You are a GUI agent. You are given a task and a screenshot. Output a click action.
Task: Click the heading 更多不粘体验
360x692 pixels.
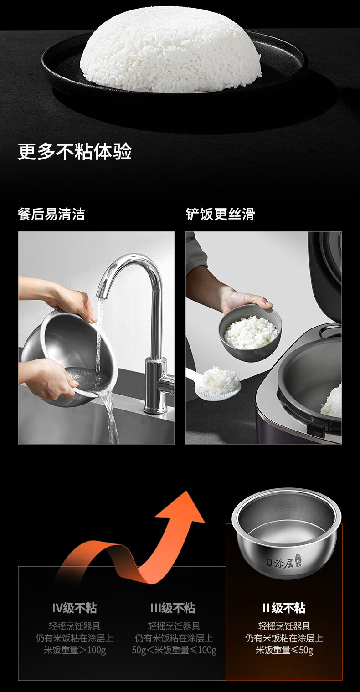point(75,151)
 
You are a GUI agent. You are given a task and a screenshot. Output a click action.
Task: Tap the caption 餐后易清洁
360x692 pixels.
point(51,214)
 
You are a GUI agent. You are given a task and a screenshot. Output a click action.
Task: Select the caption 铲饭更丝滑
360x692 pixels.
point(220,214)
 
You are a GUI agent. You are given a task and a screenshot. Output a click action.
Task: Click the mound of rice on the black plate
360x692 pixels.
point(171,49)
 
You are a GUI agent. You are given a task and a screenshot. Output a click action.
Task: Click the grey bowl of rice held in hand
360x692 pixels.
point(250,333)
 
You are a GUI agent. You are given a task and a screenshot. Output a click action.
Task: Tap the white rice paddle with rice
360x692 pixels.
point(216,383)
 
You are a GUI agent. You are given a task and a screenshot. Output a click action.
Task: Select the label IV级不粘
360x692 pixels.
point(74,608)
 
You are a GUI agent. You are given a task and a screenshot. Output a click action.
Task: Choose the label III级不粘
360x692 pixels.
point(173,608)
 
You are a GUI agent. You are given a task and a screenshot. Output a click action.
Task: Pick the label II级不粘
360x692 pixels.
point(284,608)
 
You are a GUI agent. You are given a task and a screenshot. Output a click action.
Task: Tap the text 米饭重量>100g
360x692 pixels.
point(75,650)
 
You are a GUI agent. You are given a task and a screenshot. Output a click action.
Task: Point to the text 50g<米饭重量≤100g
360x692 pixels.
point(174,650)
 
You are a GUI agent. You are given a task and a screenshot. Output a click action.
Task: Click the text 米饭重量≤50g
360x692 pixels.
point(284,650)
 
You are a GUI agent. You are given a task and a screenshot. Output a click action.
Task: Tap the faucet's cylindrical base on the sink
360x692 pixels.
point(156,386)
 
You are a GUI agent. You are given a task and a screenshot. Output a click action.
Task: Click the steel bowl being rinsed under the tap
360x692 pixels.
point(70,359)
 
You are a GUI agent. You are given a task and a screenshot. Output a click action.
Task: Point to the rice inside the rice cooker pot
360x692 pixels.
point(332,402)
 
